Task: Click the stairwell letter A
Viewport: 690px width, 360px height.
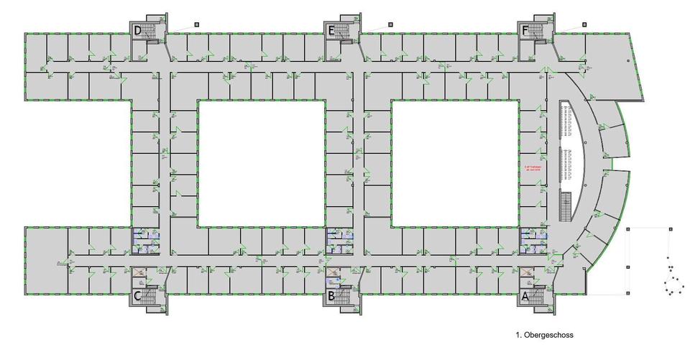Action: pos(525,295)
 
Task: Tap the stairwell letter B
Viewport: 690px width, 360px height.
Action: pos(331,295)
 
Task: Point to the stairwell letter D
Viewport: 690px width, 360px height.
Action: pos(137,30)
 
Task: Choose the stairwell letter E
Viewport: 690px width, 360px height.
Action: pos(331,30)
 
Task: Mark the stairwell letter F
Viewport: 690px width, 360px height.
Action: pos(525,30)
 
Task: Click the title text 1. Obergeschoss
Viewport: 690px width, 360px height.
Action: pos(543,335)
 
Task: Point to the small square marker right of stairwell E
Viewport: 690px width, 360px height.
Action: pos(390,23)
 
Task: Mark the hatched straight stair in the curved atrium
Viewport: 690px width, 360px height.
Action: pos(565,208)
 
